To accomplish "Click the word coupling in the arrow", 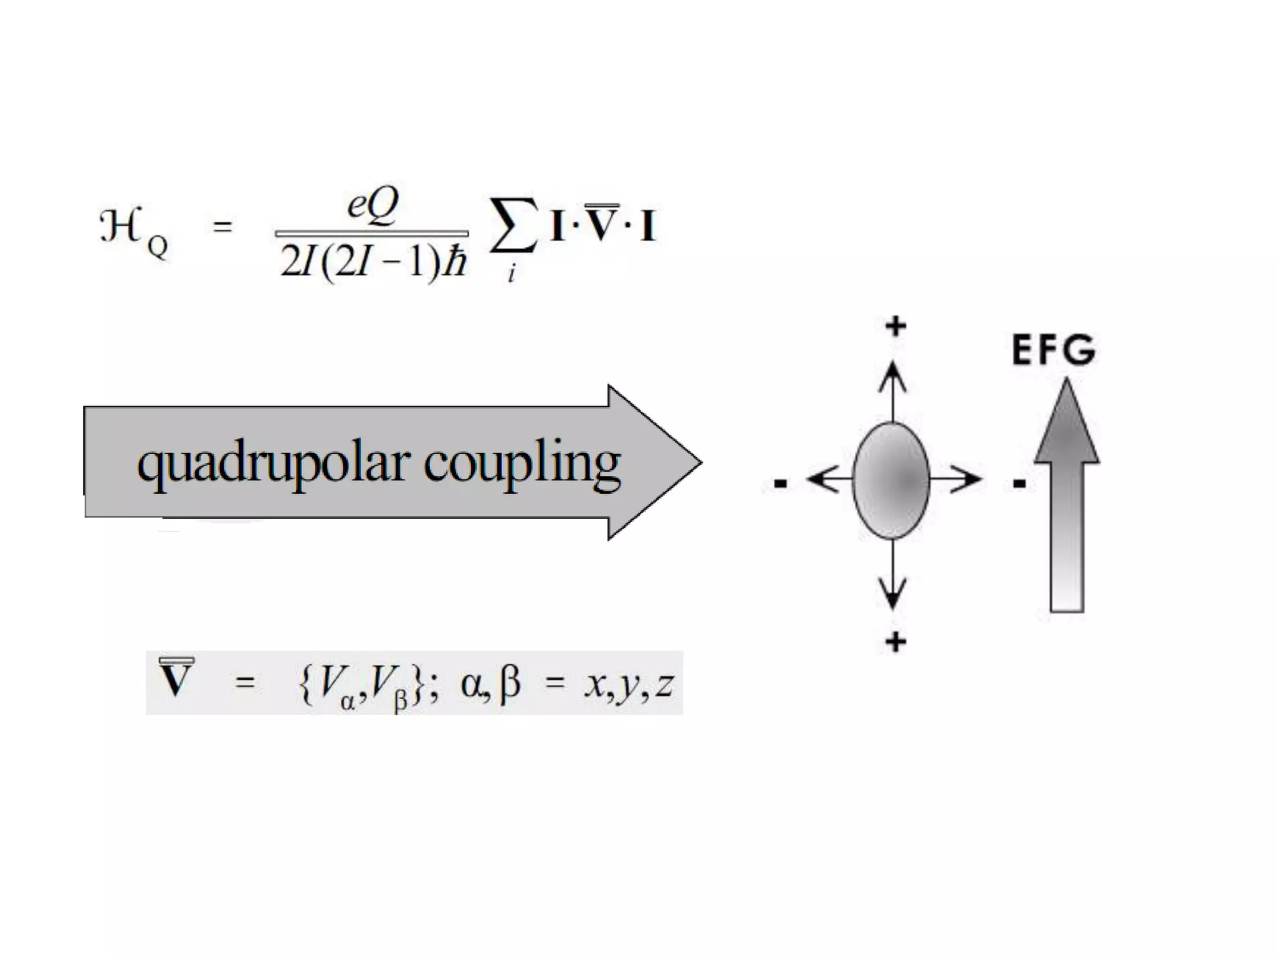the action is coord(522,464).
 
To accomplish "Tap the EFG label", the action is coord(1053,350).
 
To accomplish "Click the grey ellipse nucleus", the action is coord(892,480).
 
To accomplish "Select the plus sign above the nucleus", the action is coord(896,326).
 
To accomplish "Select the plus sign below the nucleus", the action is coord(896,642).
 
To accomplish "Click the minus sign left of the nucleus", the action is coord(780,483).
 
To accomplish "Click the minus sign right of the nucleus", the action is coord(1019,483).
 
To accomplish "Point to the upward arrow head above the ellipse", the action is coord(893,377).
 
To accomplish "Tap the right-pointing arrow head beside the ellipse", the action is coord(966,480).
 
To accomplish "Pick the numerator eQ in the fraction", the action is coord(373,204).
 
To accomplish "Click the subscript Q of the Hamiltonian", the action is coord(158,247).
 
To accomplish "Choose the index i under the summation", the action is coord(512,273).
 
